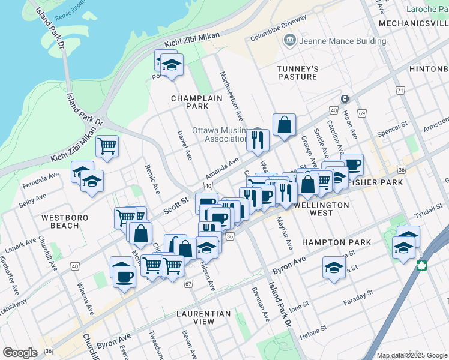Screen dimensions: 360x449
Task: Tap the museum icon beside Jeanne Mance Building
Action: [290, 41]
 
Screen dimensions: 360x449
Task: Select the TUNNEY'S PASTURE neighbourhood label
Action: [297, 73]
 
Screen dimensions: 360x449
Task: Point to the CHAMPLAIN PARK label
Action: [189, 102]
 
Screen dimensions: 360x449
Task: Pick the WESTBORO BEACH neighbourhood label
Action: [60, 221]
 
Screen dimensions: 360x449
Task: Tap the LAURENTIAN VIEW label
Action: [203, 317]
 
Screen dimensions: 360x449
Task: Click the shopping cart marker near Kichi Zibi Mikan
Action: [107, 146]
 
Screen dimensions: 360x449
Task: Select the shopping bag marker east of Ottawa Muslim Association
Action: [285, 125]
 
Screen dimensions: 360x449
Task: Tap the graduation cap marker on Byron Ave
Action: [334, 268]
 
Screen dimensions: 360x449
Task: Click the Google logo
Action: [20, 353]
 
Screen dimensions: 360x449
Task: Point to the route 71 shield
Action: [400, 90]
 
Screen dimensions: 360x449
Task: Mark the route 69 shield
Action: [361, 113]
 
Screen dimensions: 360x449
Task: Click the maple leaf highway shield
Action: [422, 266]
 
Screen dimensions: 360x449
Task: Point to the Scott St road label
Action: [176, 208]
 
